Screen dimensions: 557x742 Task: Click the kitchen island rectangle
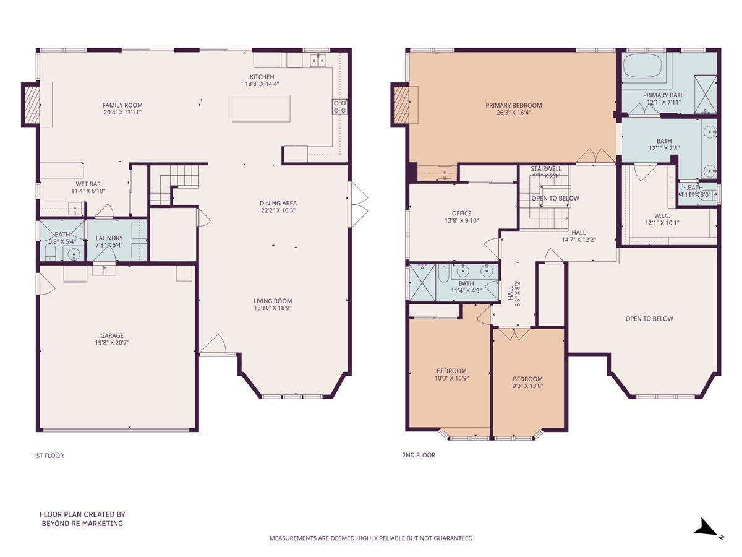(261, 108)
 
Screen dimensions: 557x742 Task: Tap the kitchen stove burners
(339, 106)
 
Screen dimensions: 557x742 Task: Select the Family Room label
(122, 105)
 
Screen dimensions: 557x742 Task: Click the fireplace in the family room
(31, 105)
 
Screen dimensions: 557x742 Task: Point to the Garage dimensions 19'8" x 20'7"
(112, 342)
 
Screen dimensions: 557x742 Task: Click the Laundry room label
(109, 238)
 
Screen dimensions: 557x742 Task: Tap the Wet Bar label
(88, 184)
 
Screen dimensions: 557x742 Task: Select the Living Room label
(272, 300)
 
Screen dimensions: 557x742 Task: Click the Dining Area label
(278, 203)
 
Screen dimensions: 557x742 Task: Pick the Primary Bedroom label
(513, 105)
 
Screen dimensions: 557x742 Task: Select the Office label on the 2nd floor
(462, 213)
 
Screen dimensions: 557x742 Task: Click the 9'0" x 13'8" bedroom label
(527, 379)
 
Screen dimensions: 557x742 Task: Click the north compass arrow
(705, 528)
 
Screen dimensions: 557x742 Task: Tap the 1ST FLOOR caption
(48, 456)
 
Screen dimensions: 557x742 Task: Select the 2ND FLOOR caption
(419, 455)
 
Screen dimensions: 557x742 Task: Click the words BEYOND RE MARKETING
(82, 524)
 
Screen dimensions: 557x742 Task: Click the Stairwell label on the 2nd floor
(546, 168)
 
